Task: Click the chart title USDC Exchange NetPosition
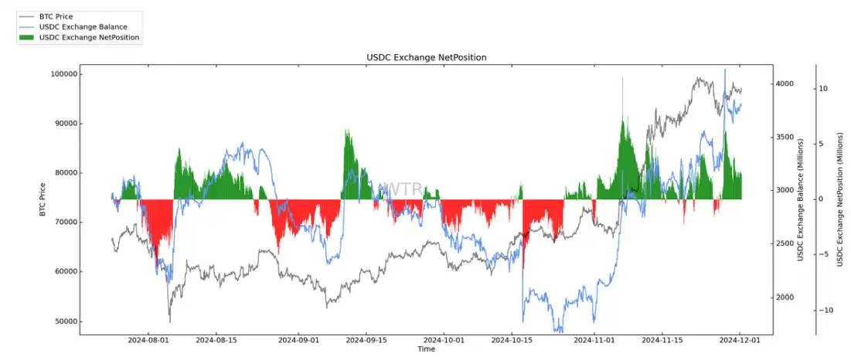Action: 426,58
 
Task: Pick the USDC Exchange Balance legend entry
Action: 78,26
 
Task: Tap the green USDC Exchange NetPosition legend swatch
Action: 26,36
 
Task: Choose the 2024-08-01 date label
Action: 148,340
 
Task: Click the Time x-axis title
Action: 426,349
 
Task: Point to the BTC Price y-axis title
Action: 43,199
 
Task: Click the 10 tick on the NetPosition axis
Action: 823,89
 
